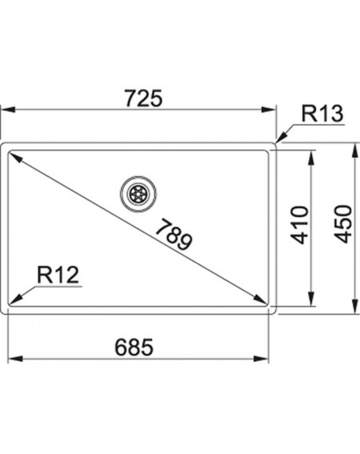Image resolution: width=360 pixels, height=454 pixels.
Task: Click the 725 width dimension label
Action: click(x=143, y=98)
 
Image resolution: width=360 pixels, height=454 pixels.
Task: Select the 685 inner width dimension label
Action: click(x=134, y=348)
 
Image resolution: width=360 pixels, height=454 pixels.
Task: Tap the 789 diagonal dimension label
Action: click(x=174, y=235)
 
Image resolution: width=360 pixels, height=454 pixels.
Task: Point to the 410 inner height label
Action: click(x=300, y=225)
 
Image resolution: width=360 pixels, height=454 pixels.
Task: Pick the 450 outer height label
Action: click(x=342, y=223)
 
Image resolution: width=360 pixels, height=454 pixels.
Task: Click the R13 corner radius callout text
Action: click(x=322, y=114)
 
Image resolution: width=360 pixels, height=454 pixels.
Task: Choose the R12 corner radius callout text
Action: click(x=58, y=275)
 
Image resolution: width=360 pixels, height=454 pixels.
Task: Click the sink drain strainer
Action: click(x=138, y=193)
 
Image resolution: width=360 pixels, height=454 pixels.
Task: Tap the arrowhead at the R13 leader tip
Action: click(x=281, y=137)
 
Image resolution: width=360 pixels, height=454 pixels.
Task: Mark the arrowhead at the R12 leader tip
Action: click(x=15, y=299)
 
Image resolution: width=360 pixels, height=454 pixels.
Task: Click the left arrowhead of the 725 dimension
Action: click(x=7, y=110)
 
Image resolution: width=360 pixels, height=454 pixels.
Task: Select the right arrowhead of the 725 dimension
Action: click(x=269, y=110)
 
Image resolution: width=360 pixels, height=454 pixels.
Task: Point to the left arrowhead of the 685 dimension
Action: click(x=15, y=359)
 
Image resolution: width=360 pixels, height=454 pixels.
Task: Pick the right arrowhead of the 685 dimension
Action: click(x=261, y=359)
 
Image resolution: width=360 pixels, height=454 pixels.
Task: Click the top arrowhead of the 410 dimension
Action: click(x=311, y=158)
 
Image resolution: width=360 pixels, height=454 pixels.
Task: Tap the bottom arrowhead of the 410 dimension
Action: click(x=311, y=299)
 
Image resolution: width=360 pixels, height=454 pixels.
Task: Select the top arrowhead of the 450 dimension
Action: click(x=355, y=150)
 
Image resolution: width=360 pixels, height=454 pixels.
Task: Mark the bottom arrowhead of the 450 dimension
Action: click(x=355, y=307)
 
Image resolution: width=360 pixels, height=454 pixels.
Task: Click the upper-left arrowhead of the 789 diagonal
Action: click(x=16, y=157)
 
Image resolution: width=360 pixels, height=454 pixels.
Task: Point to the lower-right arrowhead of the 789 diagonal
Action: click(x=260, y=299)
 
